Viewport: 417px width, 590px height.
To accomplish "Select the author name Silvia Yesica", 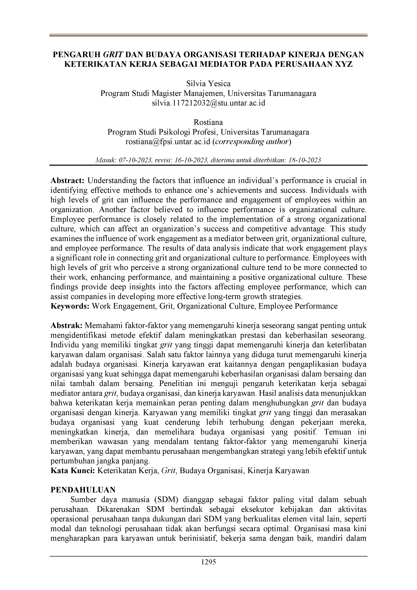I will [x=208, y=84].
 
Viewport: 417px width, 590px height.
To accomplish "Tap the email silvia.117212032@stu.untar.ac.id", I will [x=208, y=103].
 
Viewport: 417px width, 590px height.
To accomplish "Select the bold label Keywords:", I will [x=70, y=306].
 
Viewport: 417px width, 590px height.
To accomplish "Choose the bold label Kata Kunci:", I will [x=73, y=471].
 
